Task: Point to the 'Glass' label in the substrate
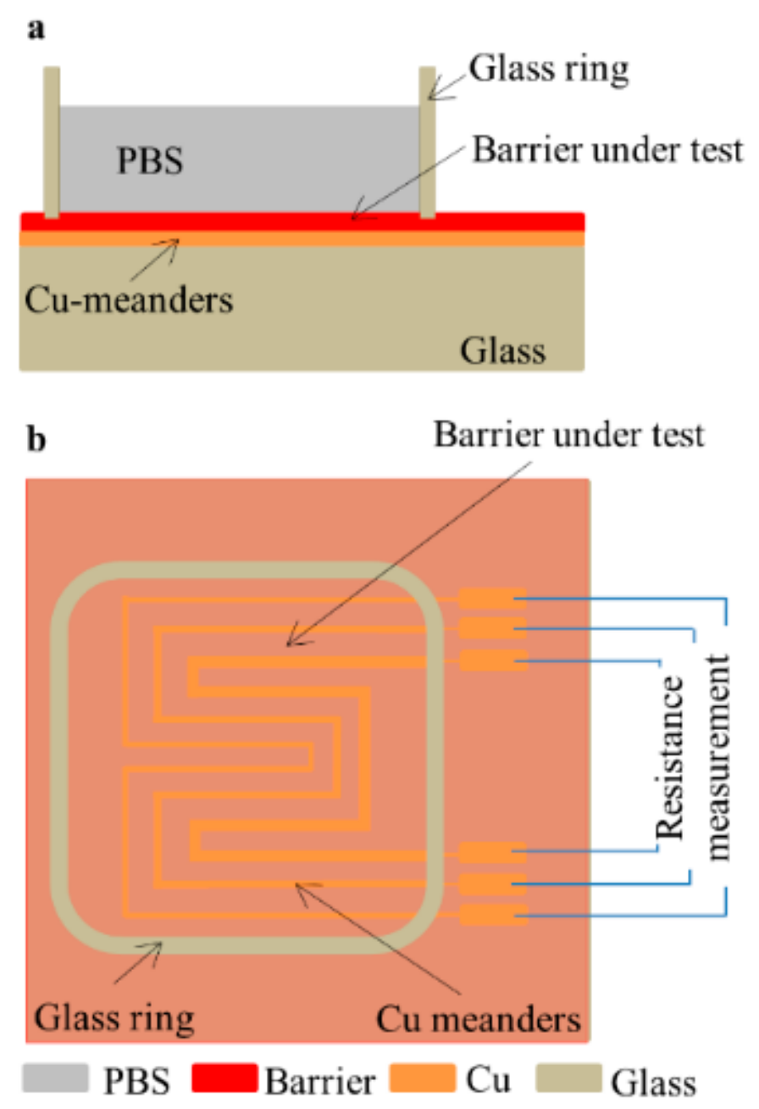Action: [503, 348]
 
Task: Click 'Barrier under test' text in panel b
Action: [568, 435]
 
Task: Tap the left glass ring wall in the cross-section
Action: [52, 142]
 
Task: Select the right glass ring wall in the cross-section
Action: [428, 142]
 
